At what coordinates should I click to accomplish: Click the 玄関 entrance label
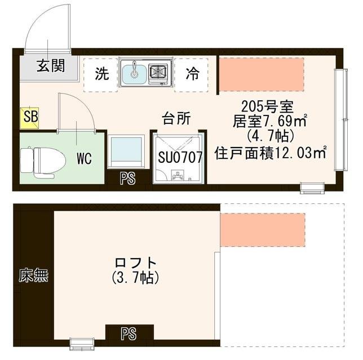[x=51, y=66]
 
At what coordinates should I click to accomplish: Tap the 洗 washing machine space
[x=101, y=74]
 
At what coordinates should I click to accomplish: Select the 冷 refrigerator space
[x=192, y=74]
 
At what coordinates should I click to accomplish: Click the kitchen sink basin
[x=135, y=73]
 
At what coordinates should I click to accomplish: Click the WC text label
[x=84, y=158]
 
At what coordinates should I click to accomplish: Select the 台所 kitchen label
[x=176, y=118]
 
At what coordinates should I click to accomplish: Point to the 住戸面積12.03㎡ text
[x=271, y=153]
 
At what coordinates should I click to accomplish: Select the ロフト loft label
[x=135, y=263]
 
